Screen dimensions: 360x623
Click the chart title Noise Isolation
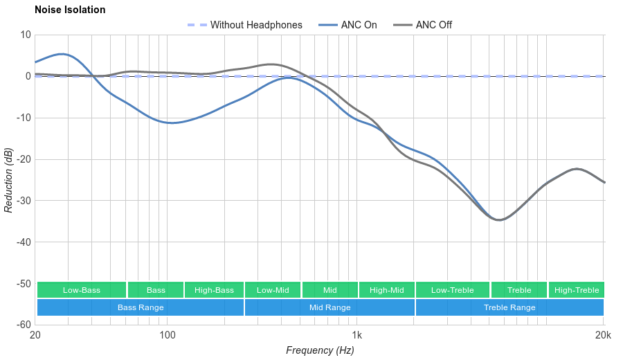click(70, 10)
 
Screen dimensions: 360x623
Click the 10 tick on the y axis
click(26, 35)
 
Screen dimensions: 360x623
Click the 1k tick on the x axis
click(357, 336)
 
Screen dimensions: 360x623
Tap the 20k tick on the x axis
click(603, 336)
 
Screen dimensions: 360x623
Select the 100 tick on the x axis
click(167, 336)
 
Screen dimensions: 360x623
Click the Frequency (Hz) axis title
click(320, 350)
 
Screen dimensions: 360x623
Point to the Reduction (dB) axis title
click(8, 180)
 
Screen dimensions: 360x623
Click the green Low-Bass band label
click(82, 290)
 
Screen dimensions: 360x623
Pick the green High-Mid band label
click(386, 290)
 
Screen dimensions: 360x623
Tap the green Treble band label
click(519, 290)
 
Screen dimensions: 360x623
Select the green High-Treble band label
click(577, 290)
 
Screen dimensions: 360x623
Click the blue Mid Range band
click(329, 307)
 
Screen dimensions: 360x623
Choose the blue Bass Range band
click(141, 307)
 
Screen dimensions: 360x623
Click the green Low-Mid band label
click(273, 290)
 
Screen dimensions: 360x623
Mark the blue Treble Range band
click(509, 307)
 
